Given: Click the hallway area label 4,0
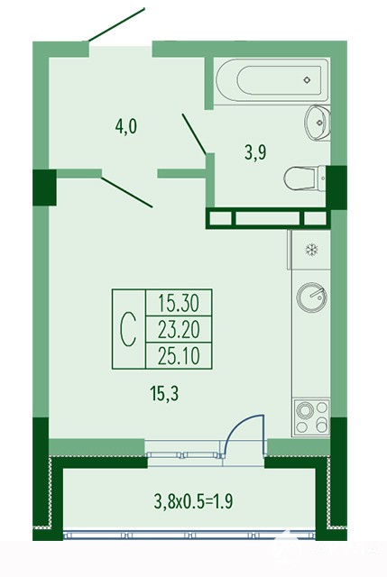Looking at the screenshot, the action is pos(126,127).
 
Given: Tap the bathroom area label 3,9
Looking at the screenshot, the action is pos(255,152).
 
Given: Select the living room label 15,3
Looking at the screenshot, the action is pos(164,394).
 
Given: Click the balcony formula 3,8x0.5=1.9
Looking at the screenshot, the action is pos(193,501).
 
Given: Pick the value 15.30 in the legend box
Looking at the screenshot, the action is pos(179,303).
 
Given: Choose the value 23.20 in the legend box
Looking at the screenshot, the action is pos(179,329).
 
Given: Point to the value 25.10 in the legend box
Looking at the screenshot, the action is pos(179,356).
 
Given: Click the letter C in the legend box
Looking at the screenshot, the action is pos(129,329).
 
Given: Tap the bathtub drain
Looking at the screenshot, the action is pos(307,80).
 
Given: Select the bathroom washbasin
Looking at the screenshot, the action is pos(317,123).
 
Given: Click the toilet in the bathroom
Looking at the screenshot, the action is pos(305,179).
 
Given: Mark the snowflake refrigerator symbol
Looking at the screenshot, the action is pos(311,251).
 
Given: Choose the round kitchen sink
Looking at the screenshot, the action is pos(311,298).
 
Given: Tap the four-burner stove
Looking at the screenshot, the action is pos(311,417).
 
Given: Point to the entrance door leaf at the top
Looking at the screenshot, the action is pos(116,24).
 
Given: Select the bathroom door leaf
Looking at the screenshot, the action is pos(194,134).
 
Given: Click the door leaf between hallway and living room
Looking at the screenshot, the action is pos(126,192).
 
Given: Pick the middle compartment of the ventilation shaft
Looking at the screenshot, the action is pos(267,218).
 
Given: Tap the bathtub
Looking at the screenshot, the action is pos(272,80).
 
